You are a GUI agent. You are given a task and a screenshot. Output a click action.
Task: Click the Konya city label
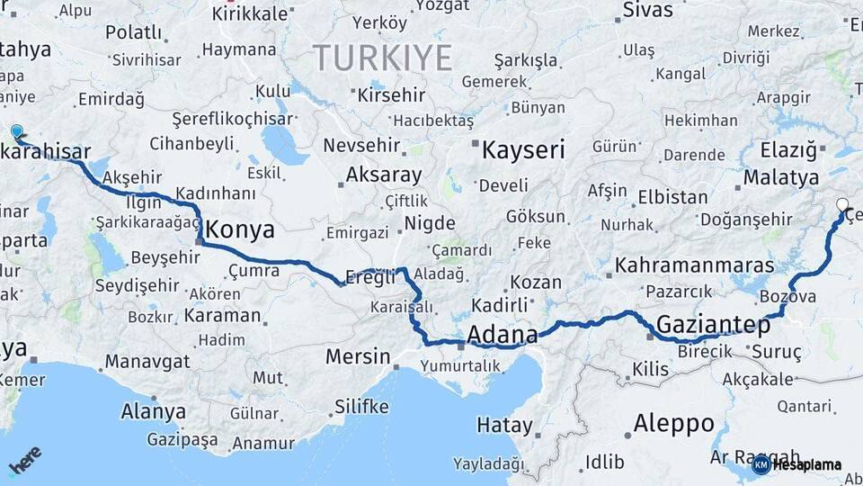click(240, 229)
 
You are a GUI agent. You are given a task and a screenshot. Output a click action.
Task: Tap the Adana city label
click(503, 334)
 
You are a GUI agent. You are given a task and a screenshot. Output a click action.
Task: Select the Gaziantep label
click(714, 325)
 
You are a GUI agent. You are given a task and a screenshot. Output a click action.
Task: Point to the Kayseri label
click(523, 149)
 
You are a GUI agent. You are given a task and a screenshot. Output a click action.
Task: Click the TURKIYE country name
click(382, 58)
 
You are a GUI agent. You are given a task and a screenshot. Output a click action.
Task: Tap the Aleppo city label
click(674, 423)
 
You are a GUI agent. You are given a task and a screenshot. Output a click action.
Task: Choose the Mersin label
click(358, 356)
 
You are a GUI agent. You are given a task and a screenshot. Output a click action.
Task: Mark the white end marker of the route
click(842, 205)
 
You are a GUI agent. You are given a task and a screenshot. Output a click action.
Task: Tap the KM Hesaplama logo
click(796, 464)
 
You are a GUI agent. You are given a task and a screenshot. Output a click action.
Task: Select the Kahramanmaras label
click(694, 265)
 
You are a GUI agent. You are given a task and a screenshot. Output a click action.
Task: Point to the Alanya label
click(153, 412)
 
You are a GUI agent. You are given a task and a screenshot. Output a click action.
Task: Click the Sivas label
click(648, 11)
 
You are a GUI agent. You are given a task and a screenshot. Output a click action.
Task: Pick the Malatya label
click(780, 176)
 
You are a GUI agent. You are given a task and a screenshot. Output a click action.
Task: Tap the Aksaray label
click(383, 175)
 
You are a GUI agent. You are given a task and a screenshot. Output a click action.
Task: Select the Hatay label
click(504, 425)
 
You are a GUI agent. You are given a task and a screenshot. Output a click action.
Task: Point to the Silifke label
click(361, 407)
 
